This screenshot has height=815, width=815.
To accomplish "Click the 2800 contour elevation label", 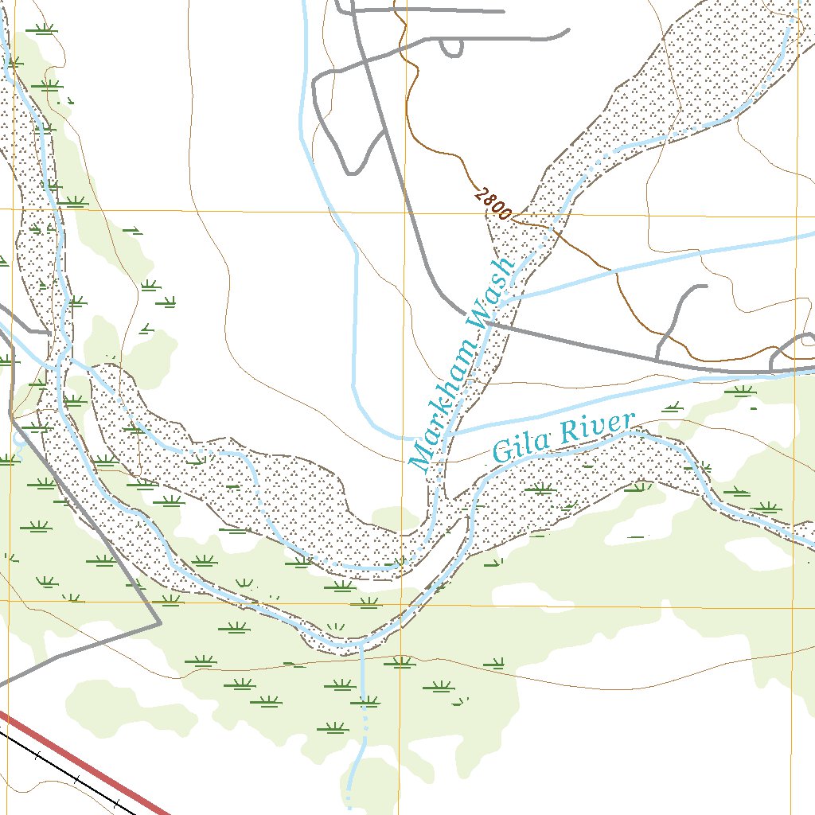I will [492, 204].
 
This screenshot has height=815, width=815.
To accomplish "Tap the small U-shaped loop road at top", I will [451, 49].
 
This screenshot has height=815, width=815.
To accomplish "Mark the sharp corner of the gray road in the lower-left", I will [160, 622].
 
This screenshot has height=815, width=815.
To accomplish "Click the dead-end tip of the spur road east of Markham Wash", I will [704, 287].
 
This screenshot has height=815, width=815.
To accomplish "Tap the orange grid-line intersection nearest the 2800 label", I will [406, 211].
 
